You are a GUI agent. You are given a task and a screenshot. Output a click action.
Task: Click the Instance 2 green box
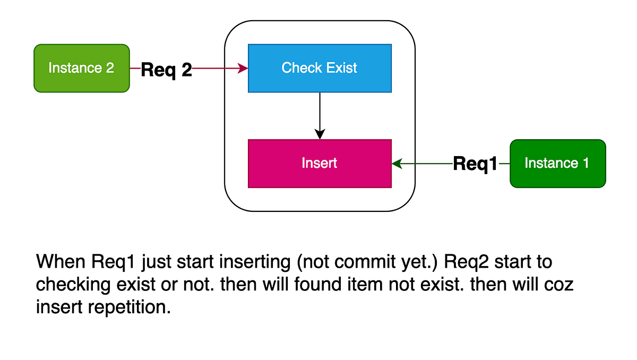click(x=82, y=68)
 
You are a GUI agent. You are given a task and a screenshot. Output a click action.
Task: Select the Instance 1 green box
click(x=557, y=164)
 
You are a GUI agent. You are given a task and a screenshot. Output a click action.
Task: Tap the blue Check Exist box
click(x=320, y=68)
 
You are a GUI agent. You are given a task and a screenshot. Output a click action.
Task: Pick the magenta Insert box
click(x=320, y=164)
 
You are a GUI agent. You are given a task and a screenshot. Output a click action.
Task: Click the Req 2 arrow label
click(x=166, y=70)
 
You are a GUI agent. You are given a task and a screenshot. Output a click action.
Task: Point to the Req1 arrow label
click(x=475, y=164)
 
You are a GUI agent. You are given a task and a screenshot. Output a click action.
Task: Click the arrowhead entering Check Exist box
click(x=244, y=68)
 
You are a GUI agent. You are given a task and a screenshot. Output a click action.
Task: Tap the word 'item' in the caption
click(x=378, y=285)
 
